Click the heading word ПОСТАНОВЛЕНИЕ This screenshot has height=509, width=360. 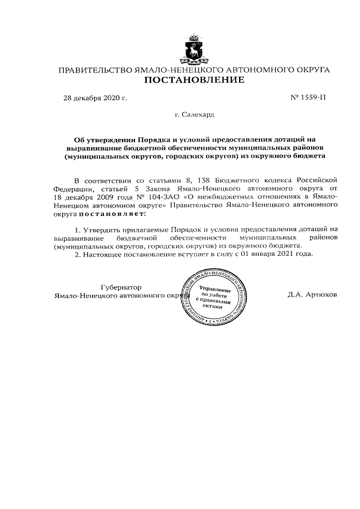[195, 80]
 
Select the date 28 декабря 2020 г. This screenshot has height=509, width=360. [94, 99]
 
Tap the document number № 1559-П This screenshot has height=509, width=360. [307, 99]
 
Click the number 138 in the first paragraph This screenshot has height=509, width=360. [197, 180]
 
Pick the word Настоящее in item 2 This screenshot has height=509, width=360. [105, 254]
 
